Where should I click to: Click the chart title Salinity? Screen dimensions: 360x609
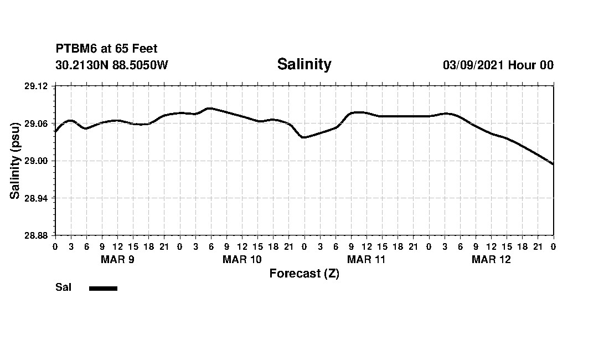(x=304, y=64)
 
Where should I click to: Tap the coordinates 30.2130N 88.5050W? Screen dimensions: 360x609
(x=112, y=65)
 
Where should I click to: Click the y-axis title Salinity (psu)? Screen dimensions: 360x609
(x=16, y=161)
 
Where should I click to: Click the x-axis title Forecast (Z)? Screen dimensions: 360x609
(x=304, y=274)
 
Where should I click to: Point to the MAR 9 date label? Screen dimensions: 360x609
(x=117, y=260)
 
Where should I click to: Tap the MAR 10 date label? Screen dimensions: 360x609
(x=242, y=260)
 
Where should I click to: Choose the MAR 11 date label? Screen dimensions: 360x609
(x=367, y=260)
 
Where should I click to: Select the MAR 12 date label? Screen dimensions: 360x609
(x=491, y=260)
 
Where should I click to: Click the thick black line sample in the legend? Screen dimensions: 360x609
(x=103, y=288)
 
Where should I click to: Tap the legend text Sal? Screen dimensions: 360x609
(x=63, y=287)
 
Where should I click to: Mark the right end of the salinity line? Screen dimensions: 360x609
(x=553, y=164)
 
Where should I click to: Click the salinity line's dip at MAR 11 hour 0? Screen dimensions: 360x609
(x=303, y=137)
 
